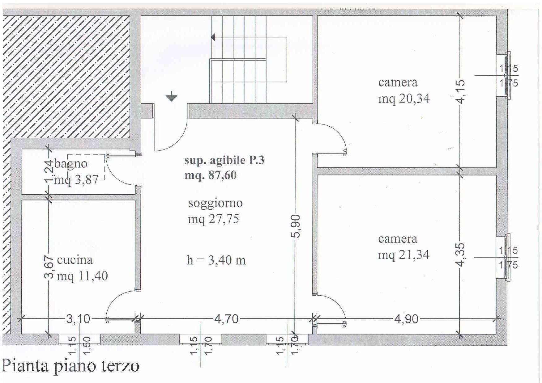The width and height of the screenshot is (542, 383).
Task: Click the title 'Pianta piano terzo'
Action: [70, 366]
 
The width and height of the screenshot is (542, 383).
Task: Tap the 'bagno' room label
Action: [71, 164]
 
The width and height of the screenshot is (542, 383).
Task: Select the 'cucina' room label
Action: [75, 260]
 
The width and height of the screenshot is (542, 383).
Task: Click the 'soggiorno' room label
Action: [215, 203]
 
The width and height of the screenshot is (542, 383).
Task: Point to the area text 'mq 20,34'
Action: [404, 99]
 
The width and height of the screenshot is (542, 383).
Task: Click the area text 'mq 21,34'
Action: [404, 255]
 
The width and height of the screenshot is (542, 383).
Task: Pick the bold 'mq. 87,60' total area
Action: [211, 175]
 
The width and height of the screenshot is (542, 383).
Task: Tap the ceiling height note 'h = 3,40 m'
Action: [216, 260]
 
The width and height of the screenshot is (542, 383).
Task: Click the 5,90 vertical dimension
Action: [296, 226]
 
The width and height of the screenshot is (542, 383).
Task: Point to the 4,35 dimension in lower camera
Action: [460, 255]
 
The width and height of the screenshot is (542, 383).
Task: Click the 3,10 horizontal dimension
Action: [78, 319]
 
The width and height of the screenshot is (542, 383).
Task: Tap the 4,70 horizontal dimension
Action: [226, 319]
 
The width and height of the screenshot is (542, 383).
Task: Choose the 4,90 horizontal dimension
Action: [406, 319]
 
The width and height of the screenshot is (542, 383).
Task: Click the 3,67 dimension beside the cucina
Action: [49, 267]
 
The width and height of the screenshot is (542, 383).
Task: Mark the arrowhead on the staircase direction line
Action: [213, 37]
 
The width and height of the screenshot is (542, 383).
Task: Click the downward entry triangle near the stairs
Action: [171, 98]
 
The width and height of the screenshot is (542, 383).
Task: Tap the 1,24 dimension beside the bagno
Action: [49, 172]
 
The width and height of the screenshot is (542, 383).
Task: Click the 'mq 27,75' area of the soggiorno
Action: [213, 219]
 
